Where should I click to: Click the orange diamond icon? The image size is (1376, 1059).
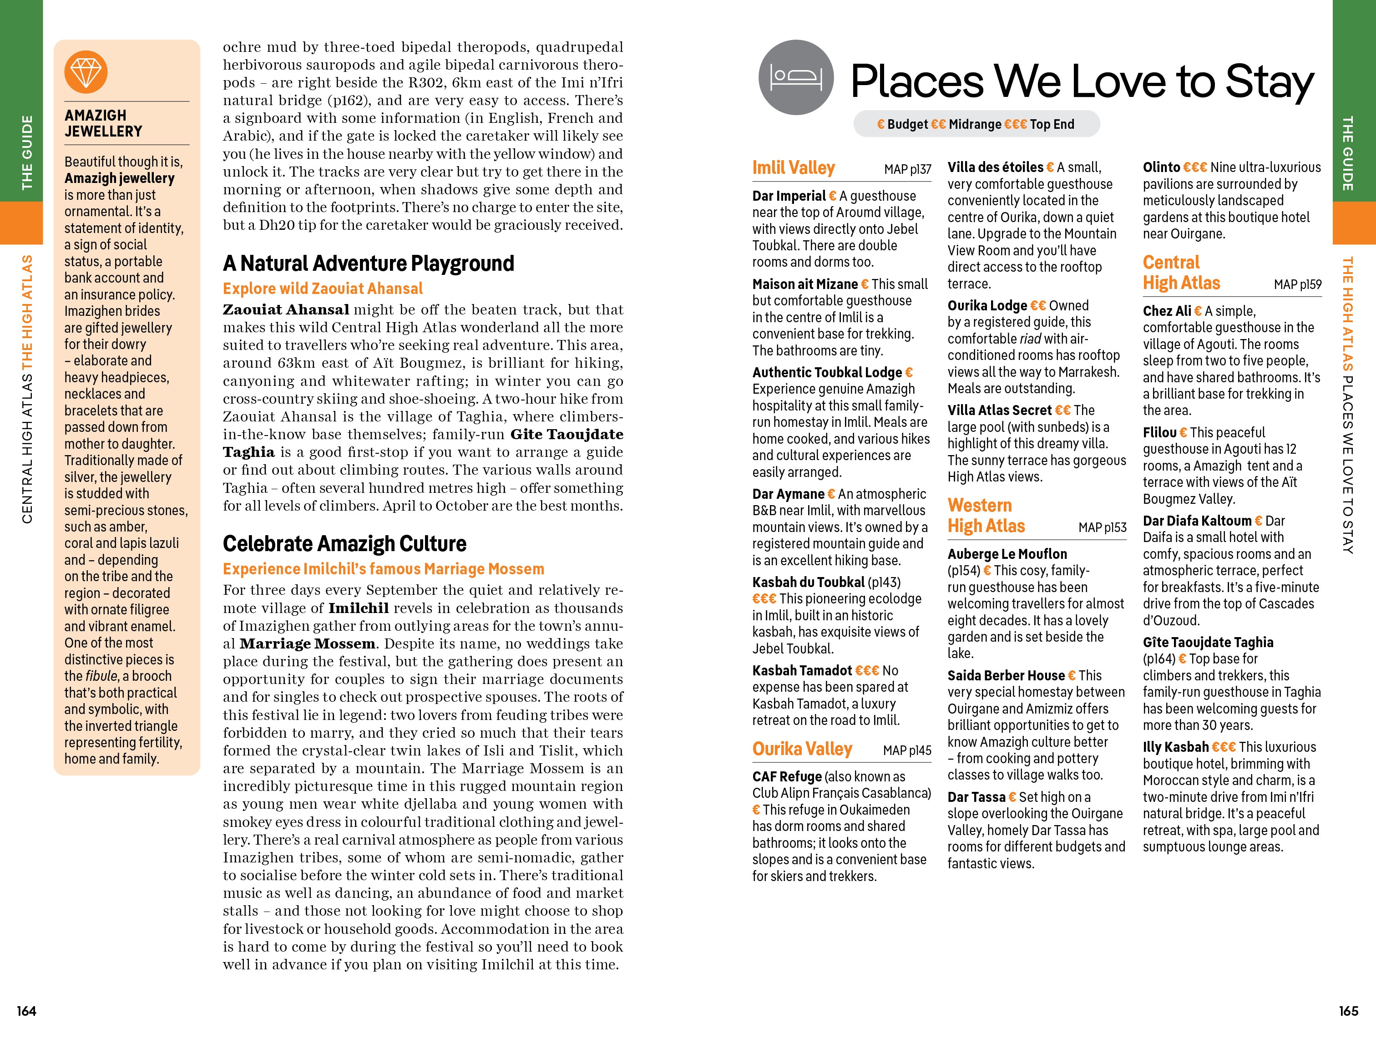tap(86, 72)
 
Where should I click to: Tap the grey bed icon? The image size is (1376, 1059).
tap(796, 77)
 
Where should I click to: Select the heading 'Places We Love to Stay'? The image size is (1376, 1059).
tap(1082, 82)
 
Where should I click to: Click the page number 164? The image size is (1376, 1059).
tap(26, 1010)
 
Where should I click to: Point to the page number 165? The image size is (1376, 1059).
tap(1348, 1010)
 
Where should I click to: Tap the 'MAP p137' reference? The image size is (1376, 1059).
tap(907, 169)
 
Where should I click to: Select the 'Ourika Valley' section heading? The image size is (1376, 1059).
tap(802, 749)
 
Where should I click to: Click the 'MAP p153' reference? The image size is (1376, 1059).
tap(1102, 527)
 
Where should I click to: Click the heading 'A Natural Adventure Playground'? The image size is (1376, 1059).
tap(369, 263)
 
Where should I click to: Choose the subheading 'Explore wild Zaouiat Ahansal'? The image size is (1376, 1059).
tap(323, 289)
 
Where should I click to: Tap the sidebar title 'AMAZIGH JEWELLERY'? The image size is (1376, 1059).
tap(103, 123)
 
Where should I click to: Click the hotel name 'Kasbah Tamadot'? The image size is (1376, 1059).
tap(802, 670)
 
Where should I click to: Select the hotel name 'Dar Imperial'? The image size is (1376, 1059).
tap(789, 196)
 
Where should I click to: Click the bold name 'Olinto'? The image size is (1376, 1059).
tap(1161, 167)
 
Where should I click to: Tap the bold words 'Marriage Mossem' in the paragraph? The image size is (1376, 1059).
tap(308, 644)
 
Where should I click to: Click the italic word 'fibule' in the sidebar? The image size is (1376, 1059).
tap(101, 676)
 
